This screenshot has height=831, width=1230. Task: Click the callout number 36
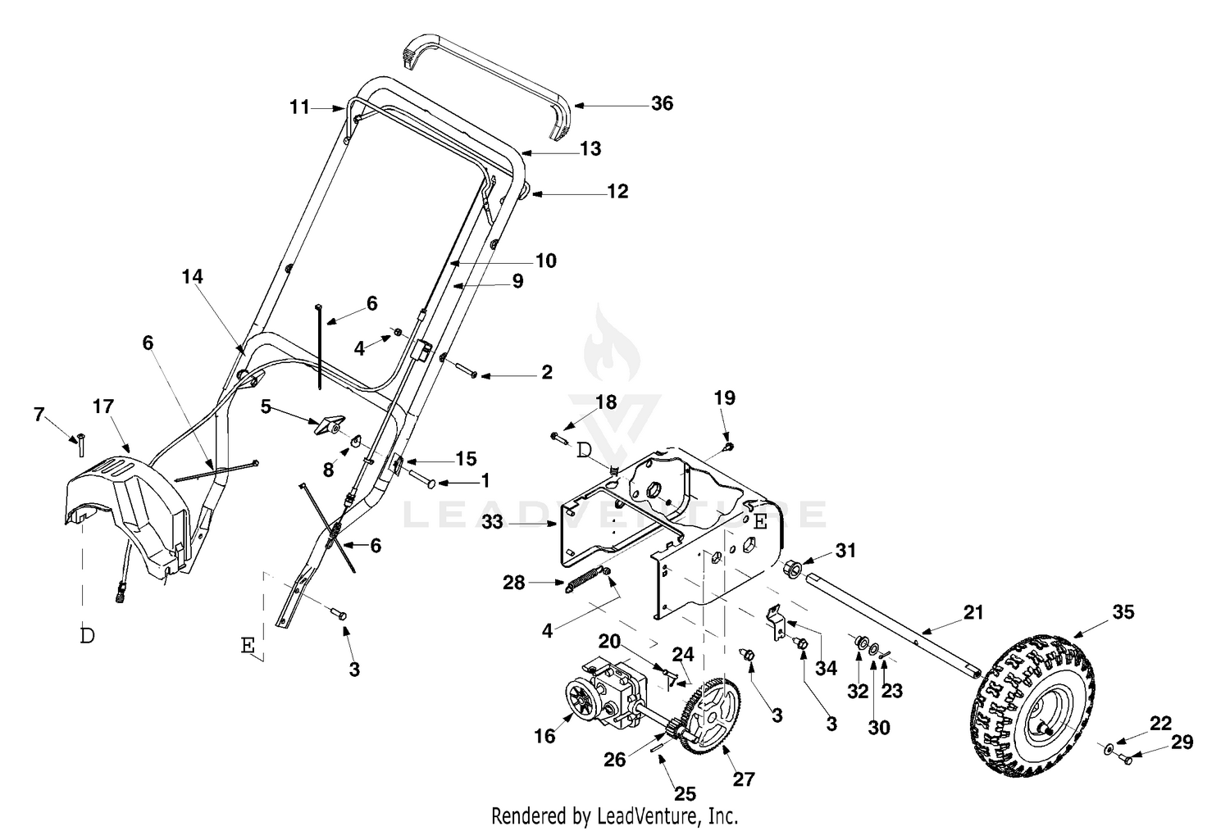(x=662, y=103)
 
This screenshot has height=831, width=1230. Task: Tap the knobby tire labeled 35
(x=1032, y=706)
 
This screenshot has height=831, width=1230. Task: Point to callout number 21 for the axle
(x=973, y=612)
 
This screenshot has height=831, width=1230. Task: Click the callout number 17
(x=103, y=406)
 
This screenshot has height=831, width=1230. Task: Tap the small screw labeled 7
(x=81, y=444)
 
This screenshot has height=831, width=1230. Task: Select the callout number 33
(x=492, y=521)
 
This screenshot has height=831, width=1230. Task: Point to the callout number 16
(x=544, y=736)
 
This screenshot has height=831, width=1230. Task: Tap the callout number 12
(x=617, y=191)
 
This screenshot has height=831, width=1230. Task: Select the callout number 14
(x=192, y=277)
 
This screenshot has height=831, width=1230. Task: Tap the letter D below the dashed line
(x=87, y=636)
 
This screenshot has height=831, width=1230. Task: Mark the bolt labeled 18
(x=558, y=437)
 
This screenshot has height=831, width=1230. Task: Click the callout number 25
(x=685, y=793)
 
